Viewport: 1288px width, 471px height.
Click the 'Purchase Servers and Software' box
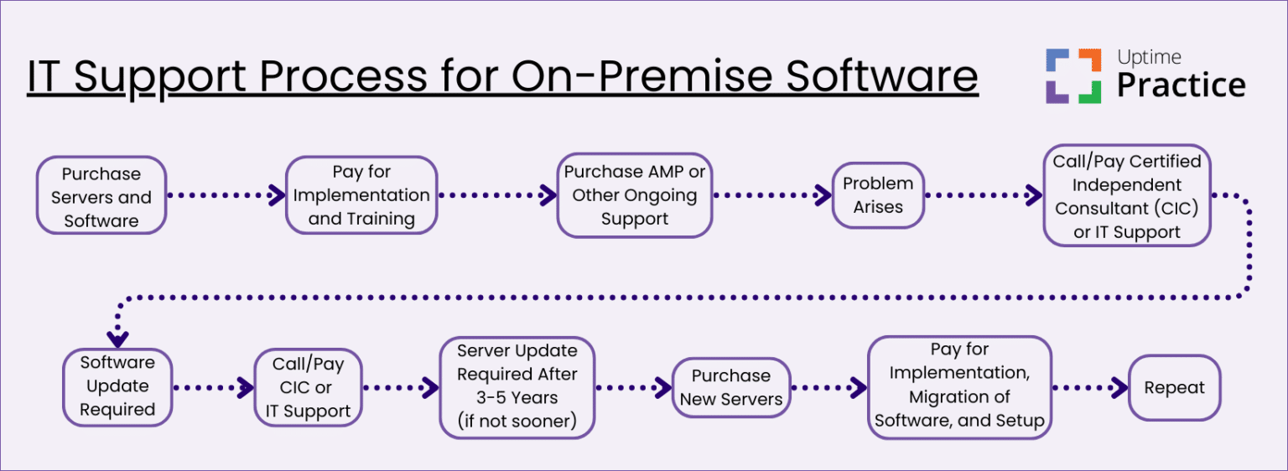[101, 196]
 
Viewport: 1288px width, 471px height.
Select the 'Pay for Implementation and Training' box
[361, 195]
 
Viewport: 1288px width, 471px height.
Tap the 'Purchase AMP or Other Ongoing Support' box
[634, 195]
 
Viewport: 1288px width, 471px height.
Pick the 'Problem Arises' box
[878, 195]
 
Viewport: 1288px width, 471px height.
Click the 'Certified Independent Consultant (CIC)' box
[1127, 196]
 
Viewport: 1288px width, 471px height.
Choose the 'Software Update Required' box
[117, 386]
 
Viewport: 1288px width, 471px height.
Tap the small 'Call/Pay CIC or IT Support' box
[308, 388]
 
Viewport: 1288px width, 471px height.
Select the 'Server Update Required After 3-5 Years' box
[517, 387]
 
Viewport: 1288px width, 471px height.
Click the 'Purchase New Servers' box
[731, 388]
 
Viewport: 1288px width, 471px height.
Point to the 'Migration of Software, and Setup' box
[959, 386]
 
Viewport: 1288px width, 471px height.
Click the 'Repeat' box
[1174, 388]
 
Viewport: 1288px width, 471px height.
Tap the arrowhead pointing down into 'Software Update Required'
[117, 339]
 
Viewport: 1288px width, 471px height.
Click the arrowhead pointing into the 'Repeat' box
[1119, 388]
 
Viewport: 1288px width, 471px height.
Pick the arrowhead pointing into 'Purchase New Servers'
[663, 388]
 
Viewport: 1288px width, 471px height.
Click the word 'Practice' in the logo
[1181, 85]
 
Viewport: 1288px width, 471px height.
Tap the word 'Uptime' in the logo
[1149, 57]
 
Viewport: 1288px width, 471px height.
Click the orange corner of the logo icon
[1090, 60]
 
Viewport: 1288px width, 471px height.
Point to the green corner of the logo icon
[1090, 92]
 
